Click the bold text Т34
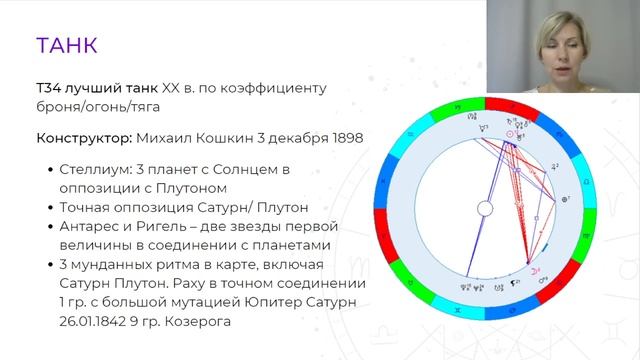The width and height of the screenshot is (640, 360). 47,88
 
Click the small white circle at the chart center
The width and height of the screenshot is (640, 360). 485,208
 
